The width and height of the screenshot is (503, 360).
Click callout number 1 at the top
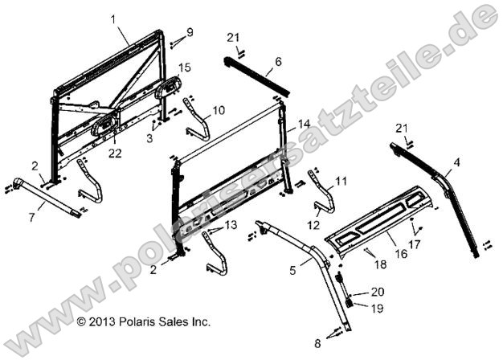pos(113,18)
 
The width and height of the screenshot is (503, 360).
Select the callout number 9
pos(190,32)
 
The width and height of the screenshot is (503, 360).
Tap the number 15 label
pos(184,67)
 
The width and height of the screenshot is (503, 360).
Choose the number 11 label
pos(341,182)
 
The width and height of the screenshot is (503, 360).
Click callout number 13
pos(231,224)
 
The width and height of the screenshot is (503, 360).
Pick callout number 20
pos(378,292)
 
